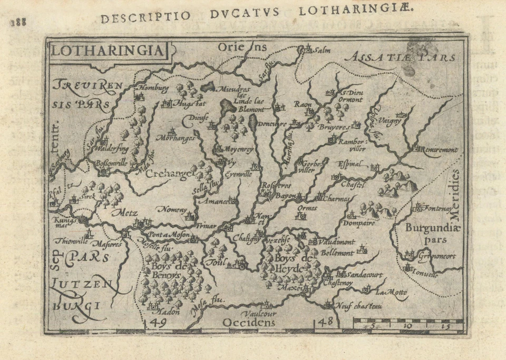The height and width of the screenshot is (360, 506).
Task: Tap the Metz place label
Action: coord(124,213)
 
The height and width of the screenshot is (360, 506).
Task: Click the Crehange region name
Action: coord(168,174)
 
